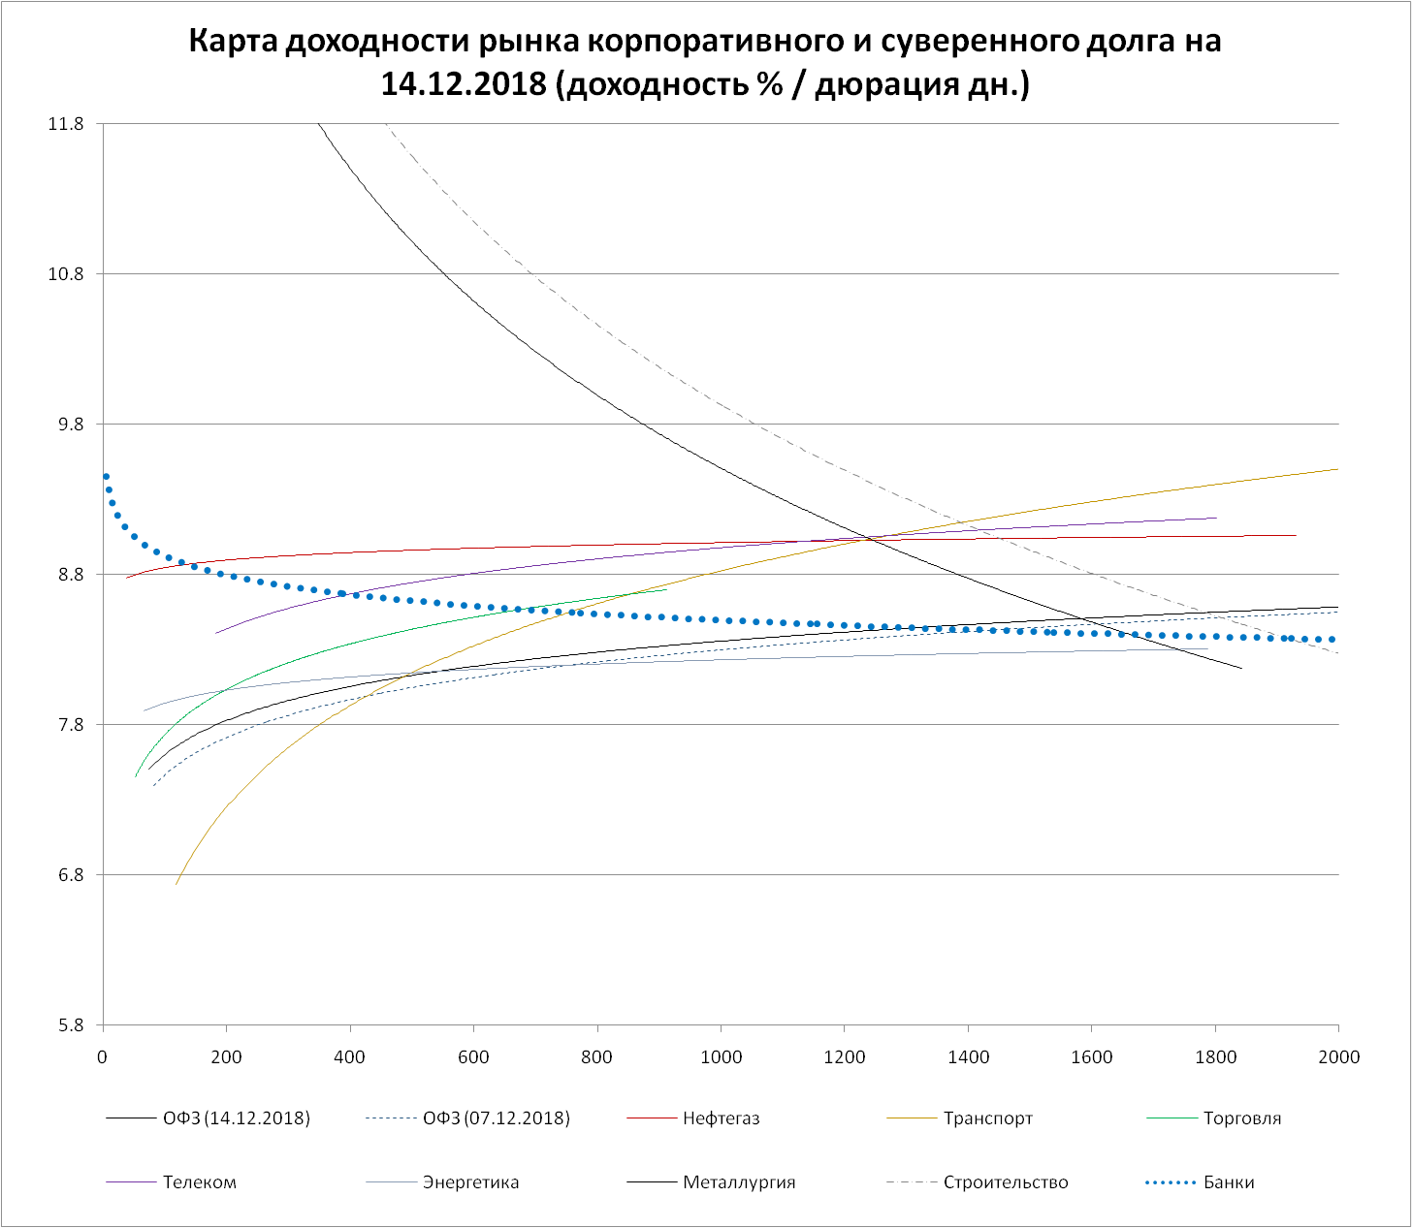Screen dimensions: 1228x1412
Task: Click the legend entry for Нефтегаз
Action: point(721,1118)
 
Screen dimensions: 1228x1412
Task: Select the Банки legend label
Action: point(1229,1182)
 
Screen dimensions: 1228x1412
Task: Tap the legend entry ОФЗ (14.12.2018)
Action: point(237,1118)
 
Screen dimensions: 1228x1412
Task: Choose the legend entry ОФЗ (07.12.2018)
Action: point(497,1118)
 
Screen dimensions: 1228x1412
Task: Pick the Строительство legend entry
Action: point(1006,1182)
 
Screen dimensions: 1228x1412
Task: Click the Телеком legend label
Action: point(200,1182)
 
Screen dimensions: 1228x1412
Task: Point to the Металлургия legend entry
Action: point(739,1182)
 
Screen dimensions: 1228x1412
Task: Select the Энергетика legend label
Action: point(470,1182)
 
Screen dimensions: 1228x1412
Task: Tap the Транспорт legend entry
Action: point(988,1118)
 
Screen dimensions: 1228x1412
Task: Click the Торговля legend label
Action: point(1242,1118)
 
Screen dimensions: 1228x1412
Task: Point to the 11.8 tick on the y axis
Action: point(66,124)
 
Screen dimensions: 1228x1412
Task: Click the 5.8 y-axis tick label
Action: point(70,1025)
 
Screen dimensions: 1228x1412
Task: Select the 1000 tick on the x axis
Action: point(721,1056)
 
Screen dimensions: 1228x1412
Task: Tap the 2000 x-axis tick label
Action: point(1338,1056)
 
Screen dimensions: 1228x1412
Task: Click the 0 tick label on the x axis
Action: point(103,1056)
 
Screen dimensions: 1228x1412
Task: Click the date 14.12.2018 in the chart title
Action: point(465,85)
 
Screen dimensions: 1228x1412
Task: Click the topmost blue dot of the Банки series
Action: point(106,477)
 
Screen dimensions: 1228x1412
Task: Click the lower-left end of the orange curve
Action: point(176,884)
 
